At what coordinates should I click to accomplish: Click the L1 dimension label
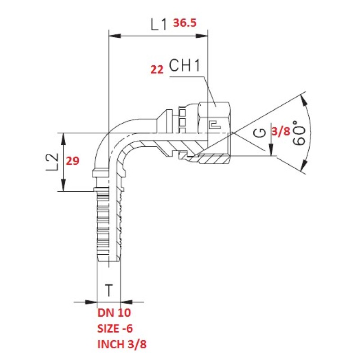pos(158,24)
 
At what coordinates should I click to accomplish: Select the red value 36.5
pos(185,23)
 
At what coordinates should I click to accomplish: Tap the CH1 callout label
pos(184,65)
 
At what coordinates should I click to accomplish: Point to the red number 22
pos(157,70)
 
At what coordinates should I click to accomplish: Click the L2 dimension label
pos(52,162)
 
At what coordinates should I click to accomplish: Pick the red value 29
pos(72,161)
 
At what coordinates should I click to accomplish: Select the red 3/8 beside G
pos(281,131)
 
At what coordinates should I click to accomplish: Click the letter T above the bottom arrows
pos(109,290)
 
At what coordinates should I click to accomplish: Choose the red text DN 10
pos(114,313)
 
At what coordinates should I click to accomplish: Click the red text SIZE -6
pos(115,328)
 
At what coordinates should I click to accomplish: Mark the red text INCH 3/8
pos(122,344)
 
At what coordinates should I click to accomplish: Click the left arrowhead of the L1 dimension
pos(115,36)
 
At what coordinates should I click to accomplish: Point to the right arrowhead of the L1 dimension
pos(202,36)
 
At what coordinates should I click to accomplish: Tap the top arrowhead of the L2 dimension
pos(63,139)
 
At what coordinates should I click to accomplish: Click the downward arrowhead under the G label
pos(271,150)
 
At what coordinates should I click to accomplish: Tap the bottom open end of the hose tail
pos(109,261)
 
